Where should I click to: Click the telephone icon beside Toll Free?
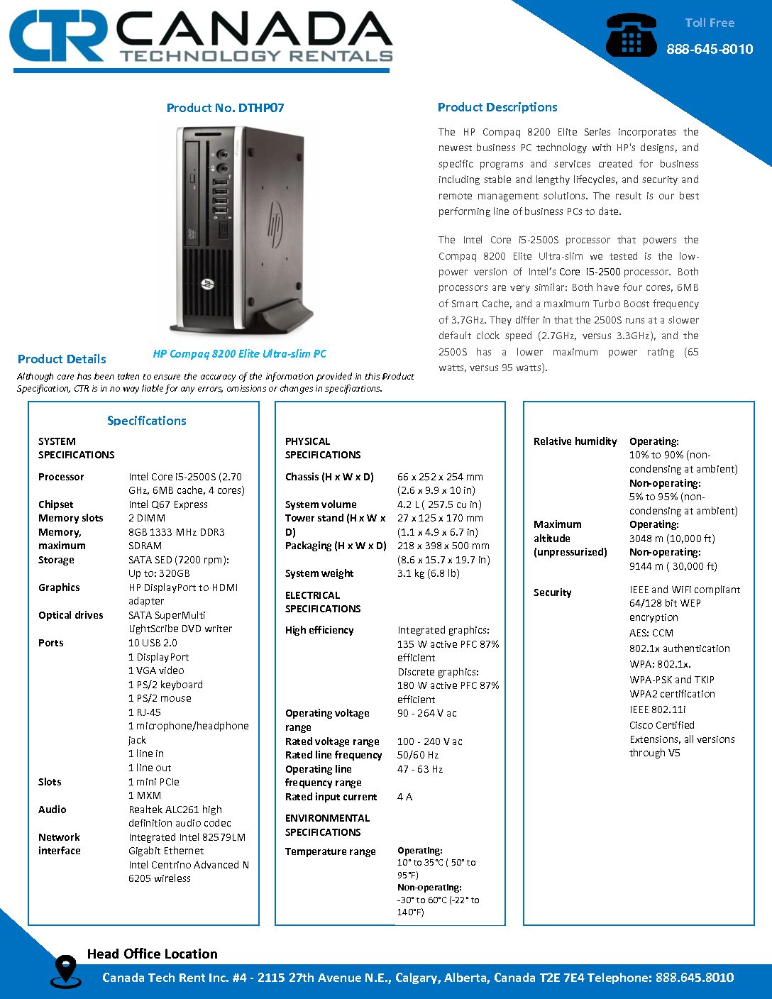pos(631,35)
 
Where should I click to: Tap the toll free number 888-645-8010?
pos(709,49)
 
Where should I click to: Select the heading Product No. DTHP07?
pos(225,108)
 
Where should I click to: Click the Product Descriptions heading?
pos(497,107)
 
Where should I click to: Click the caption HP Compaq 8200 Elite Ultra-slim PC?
pos(240,353)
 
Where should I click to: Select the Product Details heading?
pos(62,359)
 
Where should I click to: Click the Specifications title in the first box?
pos(147,421)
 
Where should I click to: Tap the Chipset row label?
pos(56,504)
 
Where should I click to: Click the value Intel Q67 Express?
pos(168,504)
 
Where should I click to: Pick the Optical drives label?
pos(71,615)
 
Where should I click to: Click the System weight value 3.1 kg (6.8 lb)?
pos(429,573)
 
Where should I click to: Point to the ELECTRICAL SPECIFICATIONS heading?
pos(323,602)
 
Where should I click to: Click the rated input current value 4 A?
pos(404,797)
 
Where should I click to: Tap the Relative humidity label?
pos(575,441)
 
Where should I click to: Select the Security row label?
pos(552,592)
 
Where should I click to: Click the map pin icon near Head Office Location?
pos(65,970)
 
